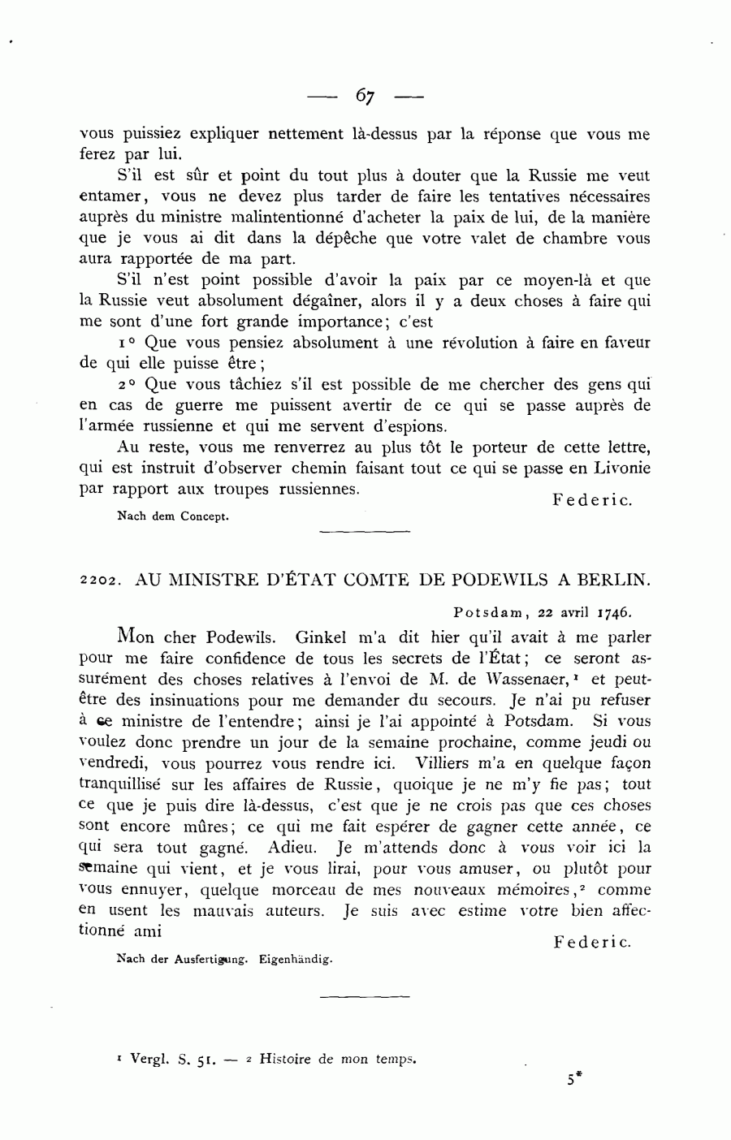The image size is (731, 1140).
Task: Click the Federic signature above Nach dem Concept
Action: [x=592, y=500]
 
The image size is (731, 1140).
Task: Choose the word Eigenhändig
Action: [x=296, y=959]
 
